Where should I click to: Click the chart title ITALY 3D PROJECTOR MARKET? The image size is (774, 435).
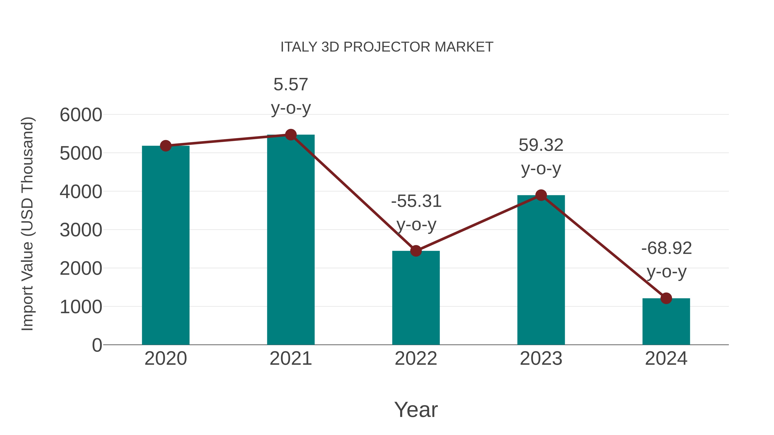pyautogui.click(x=387, y=47)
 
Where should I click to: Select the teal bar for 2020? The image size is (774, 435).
pyautogui.click(x=166, y=246)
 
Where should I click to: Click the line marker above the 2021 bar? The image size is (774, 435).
pyautogui.click(x=290, y=135)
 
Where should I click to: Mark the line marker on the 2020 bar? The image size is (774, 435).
pyautogui.click(x=166, y=146)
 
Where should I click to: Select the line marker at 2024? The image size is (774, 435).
pyautogui.click(x=666, y=298)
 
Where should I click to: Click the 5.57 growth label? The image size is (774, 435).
pyautogui.click(x=290, y=84)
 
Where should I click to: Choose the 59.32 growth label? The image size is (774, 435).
pyautogui.click(x=541, y=145)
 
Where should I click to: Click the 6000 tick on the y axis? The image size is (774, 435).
pyautogui.click(x=81, y=115)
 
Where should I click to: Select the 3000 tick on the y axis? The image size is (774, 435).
pyautogui.click(x=81, y=230)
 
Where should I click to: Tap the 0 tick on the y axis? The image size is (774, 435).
pyautogui.click(x=97, y=345)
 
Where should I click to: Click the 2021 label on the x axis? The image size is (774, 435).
pyautogui.click(x=290, y=359)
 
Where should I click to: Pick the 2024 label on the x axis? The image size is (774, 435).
pyautogui.click(x=666, y=359)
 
